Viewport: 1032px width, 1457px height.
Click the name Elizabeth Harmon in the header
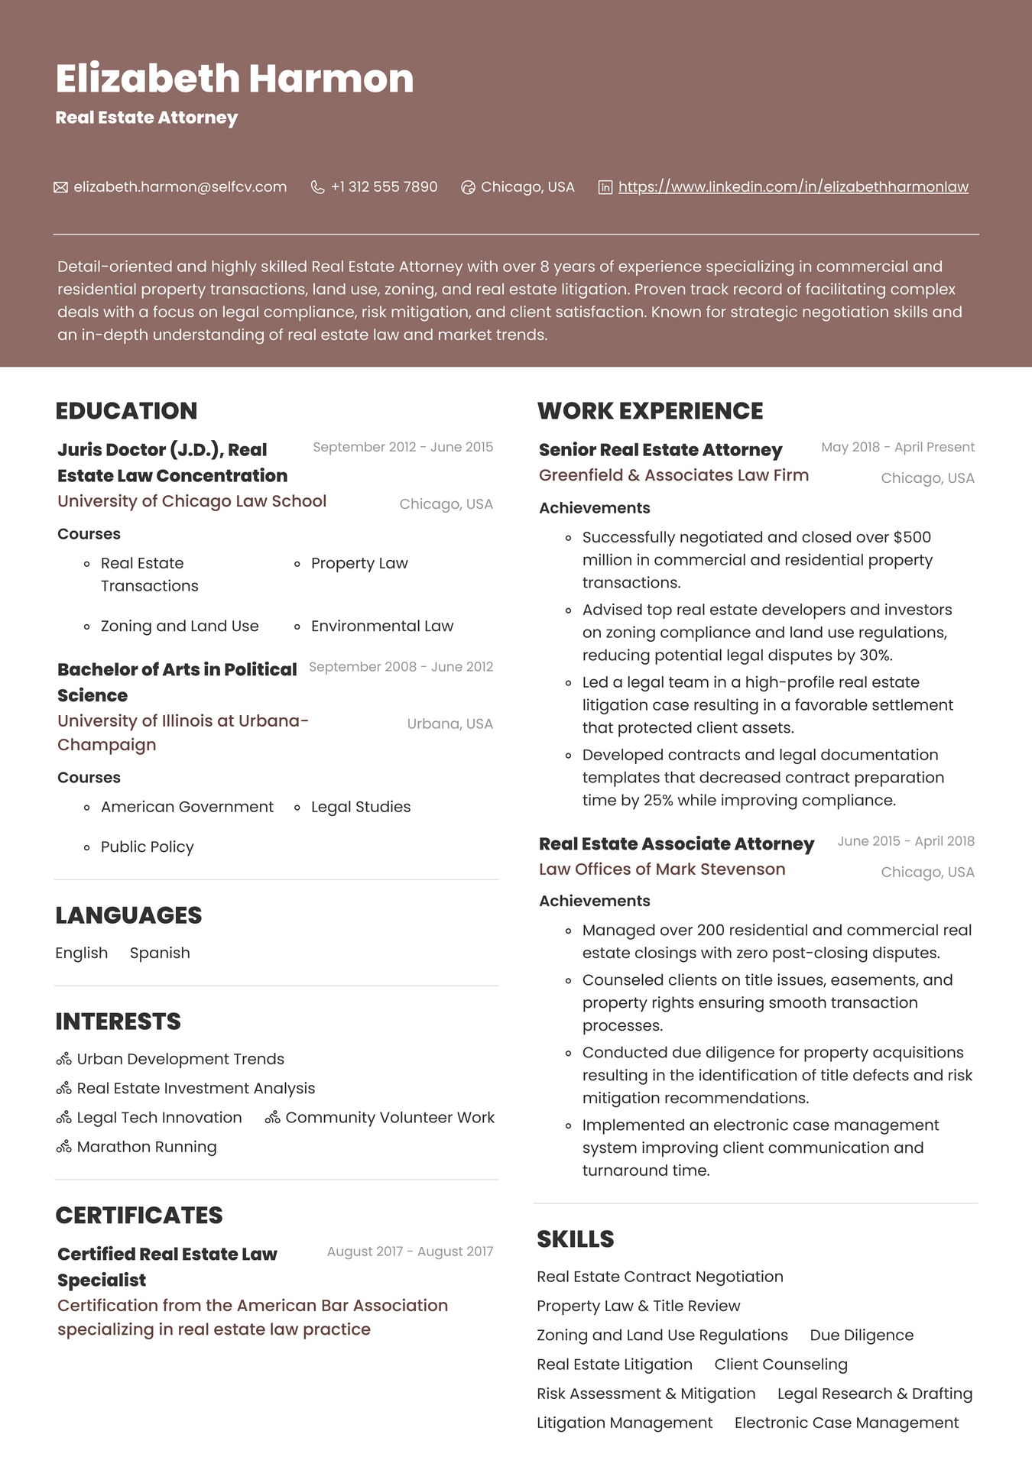[x=234, y=79]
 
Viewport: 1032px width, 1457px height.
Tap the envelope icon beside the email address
[x=61, y=187]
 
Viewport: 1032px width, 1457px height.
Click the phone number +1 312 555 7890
[x=384, y=187]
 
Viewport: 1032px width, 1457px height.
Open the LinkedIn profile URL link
[x=793, y=187]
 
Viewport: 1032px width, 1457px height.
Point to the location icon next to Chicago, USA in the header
[x=468, y=187]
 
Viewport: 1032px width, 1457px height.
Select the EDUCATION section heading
[x=126, y=411]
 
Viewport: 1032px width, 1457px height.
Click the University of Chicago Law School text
[x=192, y=501]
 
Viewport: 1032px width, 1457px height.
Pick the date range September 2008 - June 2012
[x=401, y=667]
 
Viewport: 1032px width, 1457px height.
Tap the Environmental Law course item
[x=381, y=627]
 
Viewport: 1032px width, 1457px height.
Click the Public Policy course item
[x=147, y=847]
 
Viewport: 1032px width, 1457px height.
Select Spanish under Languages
[x=160, y=954]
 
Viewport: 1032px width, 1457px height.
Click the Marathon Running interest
[x=147, y=1147]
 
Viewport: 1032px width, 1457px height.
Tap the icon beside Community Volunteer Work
[x=272, y=1118]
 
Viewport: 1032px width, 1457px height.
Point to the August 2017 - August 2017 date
[x=410, y=1251]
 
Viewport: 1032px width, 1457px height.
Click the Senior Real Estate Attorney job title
[x=660, y=450]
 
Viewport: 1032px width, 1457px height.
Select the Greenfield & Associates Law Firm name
[x=673, y=475]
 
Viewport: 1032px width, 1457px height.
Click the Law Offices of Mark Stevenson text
[x=662, y=869]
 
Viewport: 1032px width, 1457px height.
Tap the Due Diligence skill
[x=862, y=1336]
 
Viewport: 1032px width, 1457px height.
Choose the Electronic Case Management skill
[x=846, y=1423]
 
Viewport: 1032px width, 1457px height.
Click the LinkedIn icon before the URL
[x=605, y=187]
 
